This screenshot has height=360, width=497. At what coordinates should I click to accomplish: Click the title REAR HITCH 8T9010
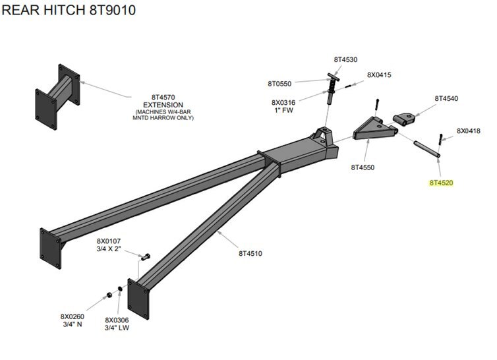point(69,11)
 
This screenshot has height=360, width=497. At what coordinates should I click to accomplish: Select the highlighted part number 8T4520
point(442,183)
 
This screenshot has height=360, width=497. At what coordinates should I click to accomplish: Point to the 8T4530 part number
point(345,60)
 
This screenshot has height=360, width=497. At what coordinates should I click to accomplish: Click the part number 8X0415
point(379,75)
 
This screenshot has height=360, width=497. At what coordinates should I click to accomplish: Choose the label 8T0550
point(280,84)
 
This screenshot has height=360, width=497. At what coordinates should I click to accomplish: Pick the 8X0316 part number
point(283,102)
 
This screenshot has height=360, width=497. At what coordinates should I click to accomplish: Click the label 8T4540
point(446,98)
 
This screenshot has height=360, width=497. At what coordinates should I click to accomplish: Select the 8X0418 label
point(469,131)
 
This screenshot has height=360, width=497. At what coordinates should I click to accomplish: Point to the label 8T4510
point(250,253)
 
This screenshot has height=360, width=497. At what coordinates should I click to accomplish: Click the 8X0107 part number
point(109,241)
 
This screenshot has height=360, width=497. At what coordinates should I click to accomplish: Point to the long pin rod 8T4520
point(426,148)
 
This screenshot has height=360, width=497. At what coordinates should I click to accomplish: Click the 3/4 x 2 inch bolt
point(146,256)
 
